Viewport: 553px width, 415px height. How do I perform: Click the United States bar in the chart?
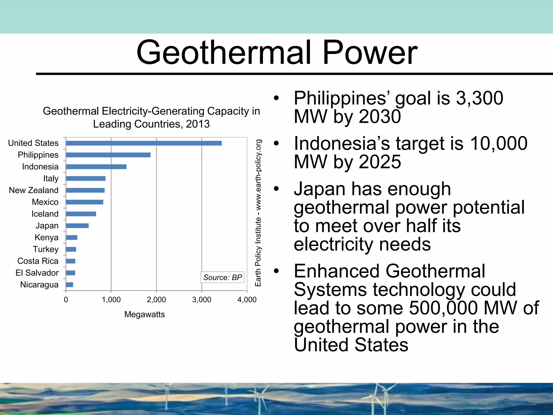click(144, 143)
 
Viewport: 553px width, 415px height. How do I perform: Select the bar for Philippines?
click(108, 155)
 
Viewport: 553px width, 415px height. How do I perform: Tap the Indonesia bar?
click(96, 167)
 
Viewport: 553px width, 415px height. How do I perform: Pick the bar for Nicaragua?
click(69, 285)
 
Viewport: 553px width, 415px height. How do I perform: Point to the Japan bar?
click(77, 226)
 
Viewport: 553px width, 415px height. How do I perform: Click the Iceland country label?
click(45, 214)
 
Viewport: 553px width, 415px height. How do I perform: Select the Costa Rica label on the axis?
click(38, 261)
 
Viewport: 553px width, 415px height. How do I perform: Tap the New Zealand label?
click(33, 190)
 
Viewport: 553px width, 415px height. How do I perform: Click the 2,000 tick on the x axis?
click(156, 300)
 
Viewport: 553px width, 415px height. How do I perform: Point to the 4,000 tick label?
click(247, 300)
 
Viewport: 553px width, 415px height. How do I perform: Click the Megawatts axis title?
click(144, 314)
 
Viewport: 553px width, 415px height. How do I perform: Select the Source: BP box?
click(222, 277)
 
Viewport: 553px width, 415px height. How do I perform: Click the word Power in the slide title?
click(370, 52)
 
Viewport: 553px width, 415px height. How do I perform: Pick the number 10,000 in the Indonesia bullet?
click(498, 143)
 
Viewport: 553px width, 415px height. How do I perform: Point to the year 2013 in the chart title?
click(198, 124)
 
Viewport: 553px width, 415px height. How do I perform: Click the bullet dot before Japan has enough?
click(276, 189)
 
